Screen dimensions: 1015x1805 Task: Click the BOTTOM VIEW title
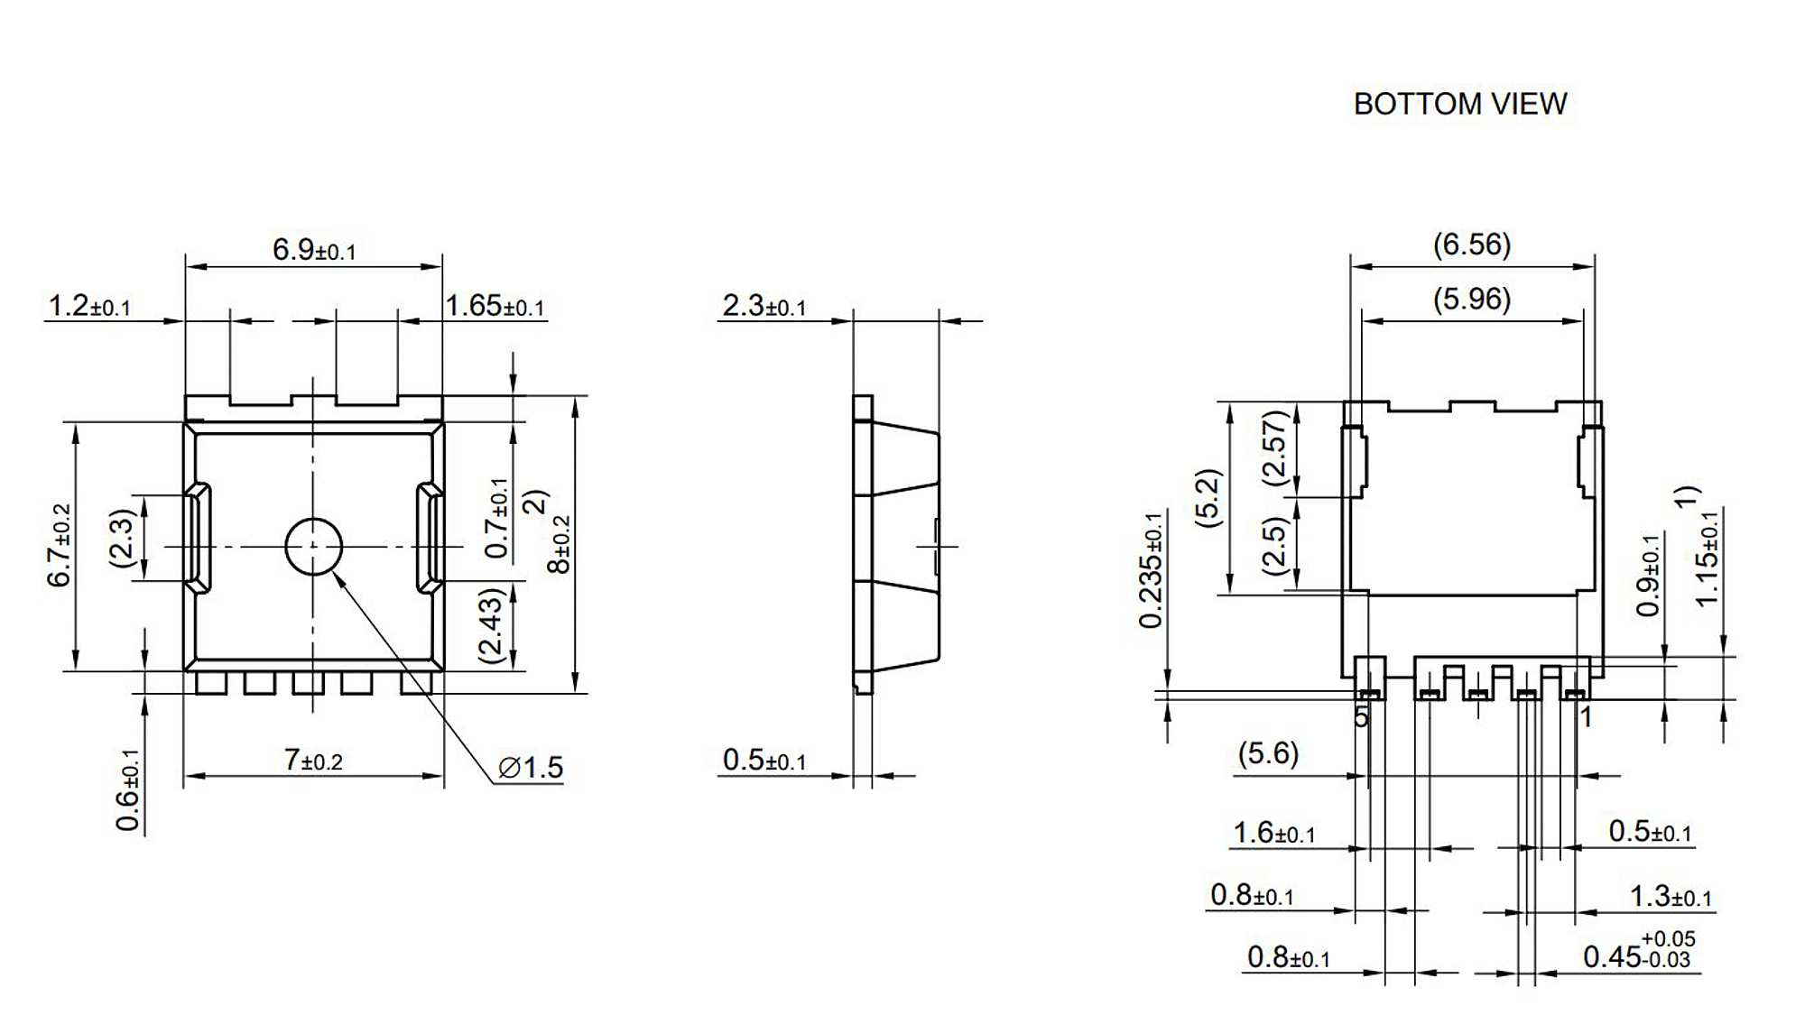[x=1459, y=104]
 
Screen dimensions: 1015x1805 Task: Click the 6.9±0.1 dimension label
[x=314, y=249]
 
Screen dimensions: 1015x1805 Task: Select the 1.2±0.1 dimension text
[x=88, y=306]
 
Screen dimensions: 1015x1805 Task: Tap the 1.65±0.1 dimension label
[x=495, y=306]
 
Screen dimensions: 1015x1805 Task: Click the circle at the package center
[x=313, y=546]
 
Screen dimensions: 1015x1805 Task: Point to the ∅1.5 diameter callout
[x=531, y=768]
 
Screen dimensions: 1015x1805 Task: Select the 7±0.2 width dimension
[x=313, y=761]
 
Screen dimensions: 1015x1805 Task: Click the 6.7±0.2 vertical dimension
[x=59, y=545]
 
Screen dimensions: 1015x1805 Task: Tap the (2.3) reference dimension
[x=121, y=538]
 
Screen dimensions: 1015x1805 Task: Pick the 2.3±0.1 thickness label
[x=764, y=306]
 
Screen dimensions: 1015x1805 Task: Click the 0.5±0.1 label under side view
[x=764, y=761]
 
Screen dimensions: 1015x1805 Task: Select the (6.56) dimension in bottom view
[x=1471, y=245]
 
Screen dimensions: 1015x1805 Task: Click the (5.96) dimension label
[x=1471, y=299]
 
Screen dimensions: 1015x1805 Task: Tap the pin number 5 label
[x=1361, y=717]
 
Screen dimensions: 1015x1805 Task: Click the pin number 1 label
[x=1586, y=717]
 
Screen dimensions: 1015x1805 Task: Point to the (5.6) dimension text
[x=1268, y=753]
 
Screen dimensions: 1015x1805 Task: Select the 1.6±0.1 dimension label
[x=1273, y=833]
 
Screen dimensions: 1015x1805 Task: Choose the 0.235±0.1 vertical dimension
[x=1151, y=570]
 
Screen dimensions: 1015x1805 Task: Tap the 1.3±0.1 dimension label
[x=1670, y=897]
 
